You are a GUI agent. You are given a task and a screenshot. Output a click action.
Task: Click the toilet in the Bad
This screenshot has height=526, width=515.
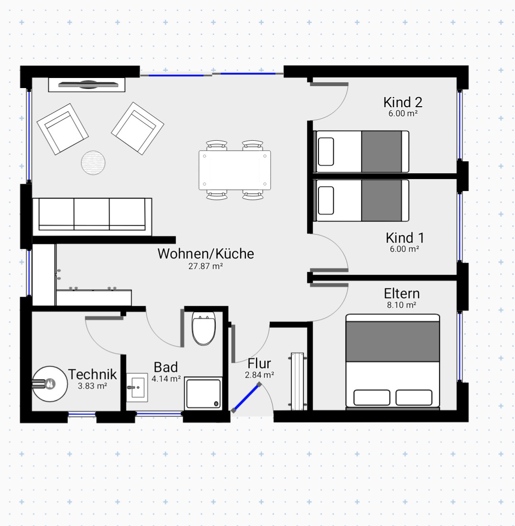(x=204, y=328)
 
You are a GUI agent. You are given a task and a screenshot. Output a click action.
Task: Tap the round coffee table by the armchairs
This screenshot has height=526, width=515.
(x=93, y=163)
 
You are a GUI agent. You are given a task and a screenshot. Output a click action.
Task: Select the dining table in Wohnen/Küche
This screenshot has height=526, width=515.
(x=235, y=170)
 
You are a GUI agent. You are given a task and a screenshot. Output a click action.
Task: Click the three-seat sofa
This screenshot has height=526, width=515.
(x=92, y=217)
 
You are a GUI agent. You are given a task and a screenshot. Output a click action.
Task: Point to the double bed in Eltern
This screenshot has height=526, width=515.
(x=393, y=362)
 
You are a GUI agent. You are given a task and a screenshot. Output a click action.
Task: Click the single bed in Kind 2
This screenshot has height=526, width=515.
(x=361, y=152)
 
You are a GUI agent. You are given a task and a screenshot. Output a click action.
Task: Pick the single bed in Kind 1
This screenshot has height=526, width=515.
(x=361, y=201)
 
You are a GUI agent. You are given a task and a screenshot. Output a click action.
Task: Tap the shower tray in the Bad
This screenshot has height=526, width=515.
(x=203, y=393)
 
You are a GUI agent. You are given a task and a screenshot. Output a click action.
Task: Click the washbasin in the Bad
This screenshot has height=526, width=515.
(x=137, y=388)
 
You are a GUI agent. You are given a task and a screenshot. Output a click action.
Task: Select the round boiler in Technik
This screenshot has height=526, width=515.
(x=50, y=384)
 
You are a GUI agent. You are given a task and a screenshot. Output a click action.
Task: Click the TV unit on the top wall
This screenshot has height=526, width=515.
(x=87, y=85)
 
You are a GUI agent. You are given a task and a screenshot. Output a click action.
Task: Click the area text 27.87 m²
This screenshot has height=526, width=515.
(x=206, y=267)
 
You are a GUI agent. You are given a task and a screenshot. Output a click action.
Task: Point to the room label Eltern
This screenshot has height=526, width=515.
(x=402, y=293)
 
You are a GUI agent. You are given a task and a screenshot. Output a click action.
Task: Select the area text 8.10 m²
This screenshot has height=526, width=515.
(x=401, y=305)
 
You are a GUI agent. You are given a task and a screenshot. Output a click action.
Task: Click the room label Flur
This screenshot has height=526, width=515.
(x=259, y=363)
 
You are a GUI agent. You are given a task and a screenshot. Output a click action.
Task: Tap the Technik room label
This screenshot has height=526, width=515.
(x=92, y=374)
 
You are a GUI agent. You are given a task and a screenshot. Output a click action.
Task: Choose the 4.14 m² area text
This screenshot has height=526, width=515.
(x=166, y=379)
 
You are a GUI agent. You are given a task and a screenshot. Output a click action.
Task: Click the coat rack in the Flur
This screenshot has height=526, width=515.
(x=297, y=381)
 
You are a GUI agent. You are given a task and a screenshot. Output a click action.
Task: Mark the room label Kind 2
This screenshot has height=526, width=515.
(x=403, y=102)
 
